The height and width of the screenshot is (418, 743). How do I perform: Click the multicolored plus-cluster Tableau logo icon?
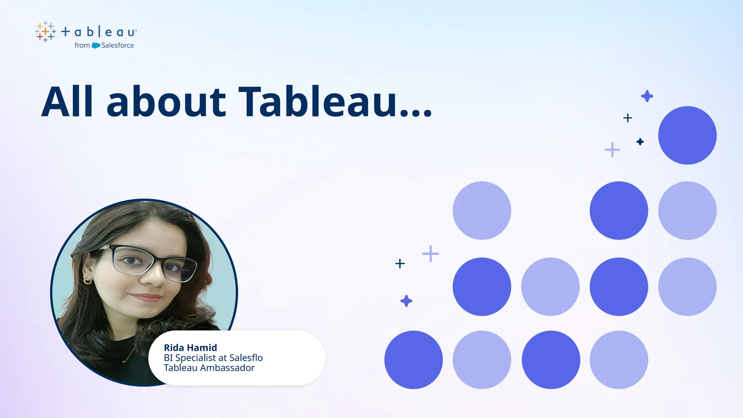[45, 32]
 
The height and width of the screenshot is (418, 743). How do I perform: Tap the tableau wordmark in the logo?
[99, 32]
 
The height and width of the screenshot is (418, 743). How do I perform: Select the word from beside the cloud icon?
[82, 45]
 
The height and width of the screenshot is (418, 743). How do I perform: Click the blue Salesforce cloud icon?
[96, 45]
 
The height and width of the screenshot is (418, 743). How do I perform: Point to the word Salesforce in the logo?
[118, 45]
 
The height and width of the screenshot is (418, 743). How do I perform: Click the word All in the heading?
[67, 102]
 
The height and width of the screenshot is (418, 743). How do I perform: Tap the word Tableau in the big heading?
[317, 102]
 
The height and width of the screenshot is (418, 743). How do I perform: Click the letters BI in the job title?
[168, 358]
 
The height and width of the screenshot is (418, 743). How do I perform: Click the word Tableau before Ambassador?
[180, 368]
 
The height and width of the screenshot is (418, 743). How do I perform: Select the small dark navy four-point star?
[640, 142]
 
